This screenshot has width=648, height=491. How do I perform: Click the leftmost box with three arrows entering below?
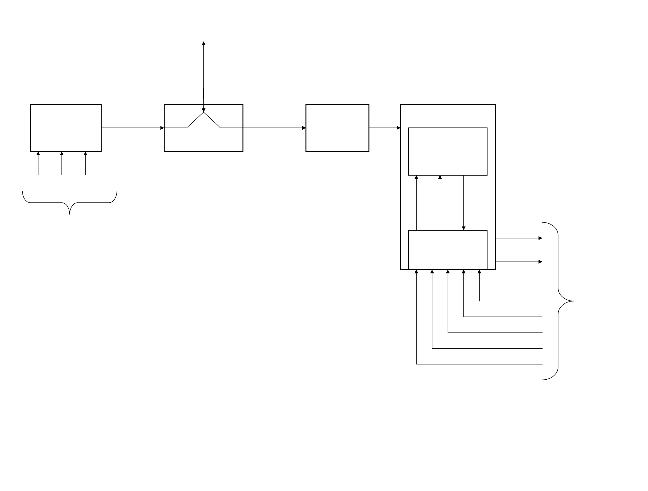(66, 127)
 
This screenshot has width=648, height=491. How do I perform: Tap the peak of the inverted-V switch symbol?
(204, 112)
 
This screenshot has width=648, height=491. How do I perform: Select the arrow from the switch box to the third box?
(274, 128)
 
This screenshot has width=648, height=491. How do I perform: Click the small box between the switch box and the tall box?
(337, 127)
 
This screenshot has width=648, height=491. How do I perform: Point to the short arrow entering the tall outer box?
(385, 128)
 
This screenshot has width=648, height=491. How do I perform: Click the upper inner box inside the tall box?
(448, 151)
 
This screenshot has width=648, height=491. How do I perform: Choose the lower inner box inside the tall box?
(448, 250)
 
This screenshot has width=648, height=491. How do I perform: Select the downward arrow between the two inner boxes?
(464, 202)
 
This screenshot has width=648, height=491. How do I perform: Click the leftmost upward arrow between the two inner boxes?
(416, 202)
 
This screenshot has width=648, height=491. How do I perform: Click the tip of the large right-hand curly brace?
(573, 301)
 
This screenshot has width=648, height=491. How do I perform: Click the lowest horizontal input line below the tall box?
(479, 364)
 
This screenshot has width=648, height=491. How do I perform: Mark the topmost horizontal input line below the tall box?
(511, 301)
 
